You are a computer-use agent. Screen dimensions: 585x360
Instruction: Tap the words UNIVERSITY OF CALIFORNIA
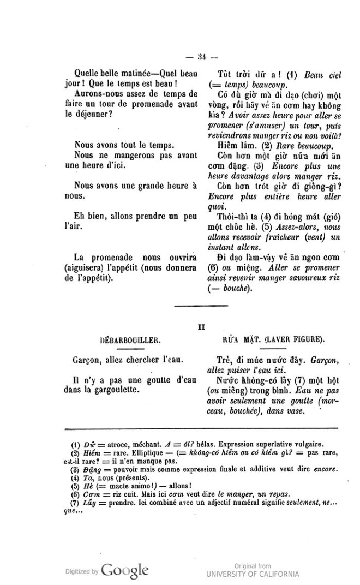click(253, 574)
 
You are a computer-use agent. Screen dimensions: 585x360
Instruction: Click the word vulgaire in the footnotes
click(307, 444)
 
